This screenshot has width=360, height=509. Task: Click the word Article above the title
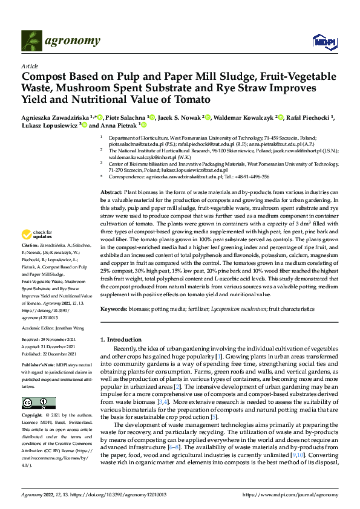(x=29, y=66)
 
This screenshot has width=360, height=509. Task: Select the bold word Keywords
(x=114, y=309)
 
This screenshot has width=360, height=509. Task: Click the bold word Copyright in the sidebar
(x=32, y=416)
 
